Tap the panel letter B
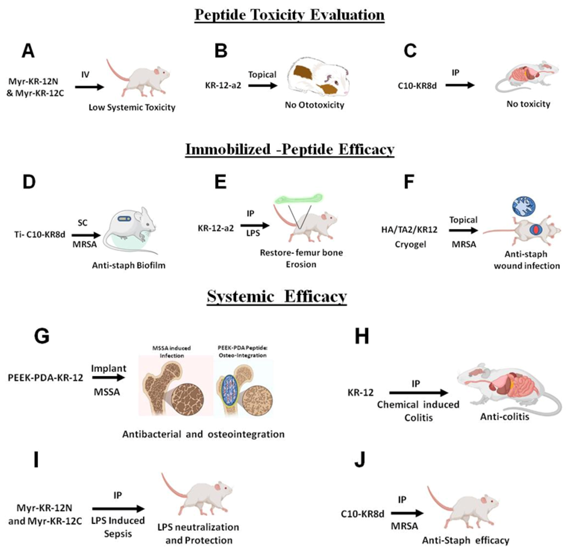(221, 51)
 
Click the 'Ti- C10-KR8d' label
(40, 234)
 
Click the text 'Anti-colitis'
(505, 417)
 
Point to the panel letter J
(360, 461)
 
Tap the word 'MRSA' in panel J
(404, 526)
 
